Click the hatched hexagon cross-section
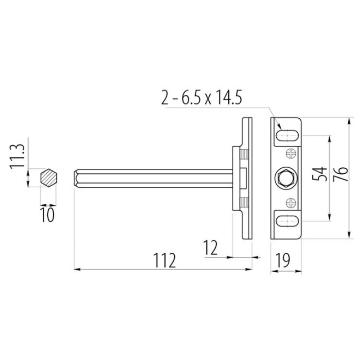click(x=49, y=178)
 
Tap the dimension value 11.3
click(x=17, y=156)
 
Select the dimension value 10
click(x=48, y=215)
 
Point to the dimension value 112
click(x=164, y=261)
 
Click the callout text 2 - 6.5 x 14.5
click(x=202, y=98)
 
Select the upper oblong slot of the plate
click(x=288, y=135)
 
